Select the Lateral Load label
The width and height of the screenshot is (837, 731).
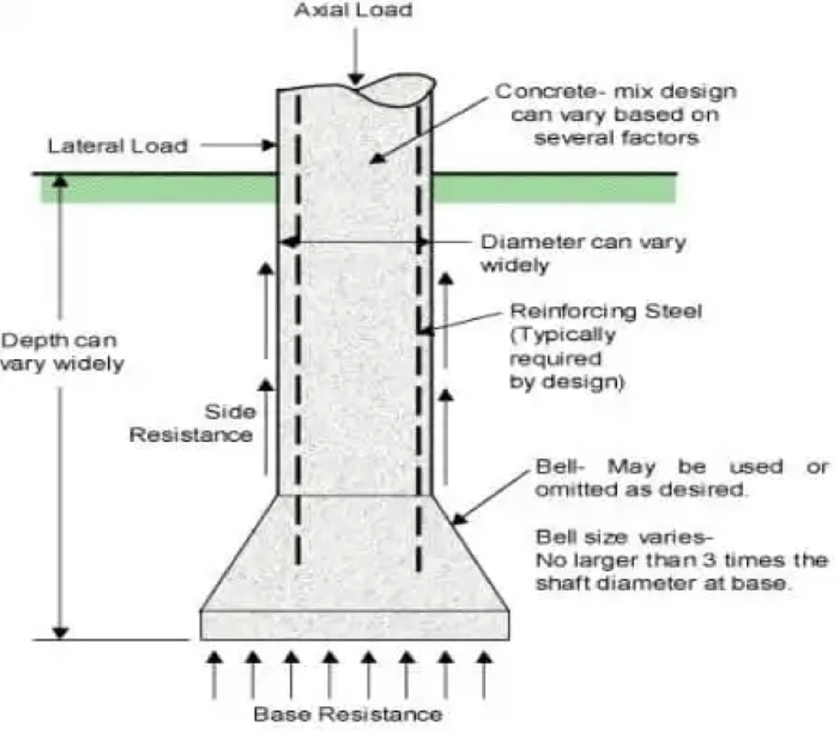(x=118, y=145)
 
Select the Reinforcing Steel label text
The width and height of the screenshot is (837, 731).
(x=606, y=311)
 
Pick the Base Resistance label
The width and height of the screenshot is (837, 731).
(x=348, y=713)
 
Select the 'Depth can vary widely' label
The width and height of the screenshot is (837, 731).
(x=61, y=352)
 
